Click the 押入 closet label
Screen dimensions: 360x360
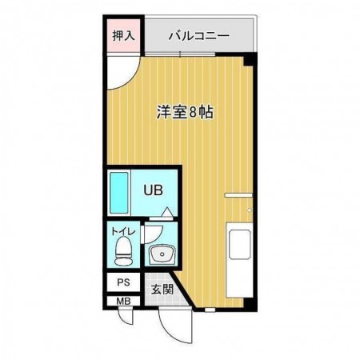(x=122, y=35)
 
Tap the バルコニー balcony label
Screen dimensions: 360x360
(x=199, y=36)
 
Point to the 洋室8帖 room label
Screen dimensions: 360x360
(x=184, y=112)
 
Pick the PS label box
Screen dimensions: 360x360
(x=122, y=282)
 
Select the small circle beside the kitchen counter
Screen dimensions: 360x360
(x=250, y=210)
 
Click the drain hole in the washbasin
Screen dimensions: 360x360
(x=162, y=255)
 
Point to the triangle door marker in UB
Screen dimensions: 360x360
(x=165, y=212)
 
